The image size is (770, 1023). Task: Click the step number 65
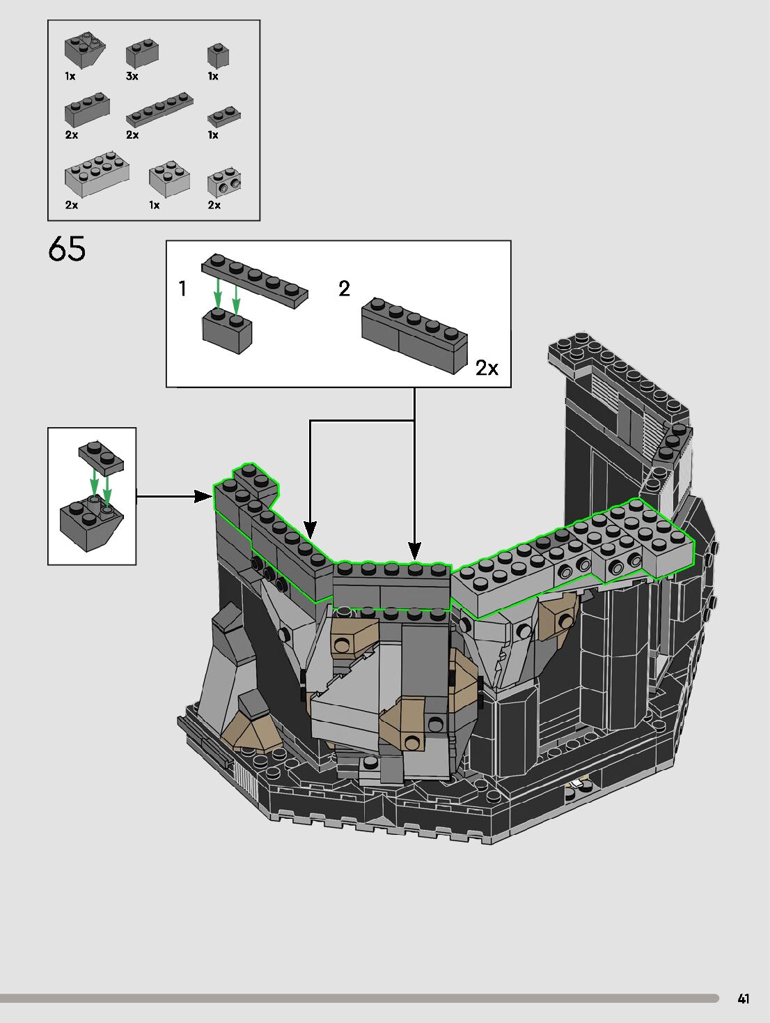coord(67,249)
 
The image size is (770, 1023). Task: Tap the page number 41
coord(744,999)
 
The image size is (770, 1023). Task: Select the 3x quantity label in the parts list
coord(132,77)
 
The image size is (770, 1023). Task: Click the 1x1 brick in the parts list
coord(218,56)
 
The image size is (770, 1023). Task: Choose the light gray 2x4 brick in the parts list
coord(97,172)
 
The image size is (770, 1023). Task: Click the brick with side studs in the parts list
coord(224,183)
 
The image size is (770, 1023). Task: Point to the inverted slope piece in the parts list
coord(86,51)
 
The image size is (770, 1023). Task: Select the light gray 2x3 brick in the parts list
coord(169,178)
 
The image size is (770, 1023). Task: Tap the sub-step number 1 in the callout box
coord(182,289)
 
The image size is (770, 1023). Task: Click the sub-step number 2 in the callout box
coord(344,289)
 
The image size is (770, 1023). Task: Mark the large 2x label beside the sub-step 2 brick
coord(487,368)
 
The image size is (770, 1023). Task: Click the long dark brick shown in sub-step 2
coord(414,336)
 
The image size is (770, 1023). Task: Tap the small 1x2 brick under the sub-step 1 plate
coord(227,332)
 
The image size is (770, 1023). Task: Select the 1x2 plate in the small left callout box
coord(101,457)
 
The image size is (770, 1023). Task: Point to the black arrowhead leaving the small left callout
coord(203,496)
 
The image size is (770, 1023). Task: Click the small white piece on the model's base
coord(578,785)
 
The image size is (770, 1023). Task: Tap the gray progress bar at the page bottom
coord(359,999)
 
